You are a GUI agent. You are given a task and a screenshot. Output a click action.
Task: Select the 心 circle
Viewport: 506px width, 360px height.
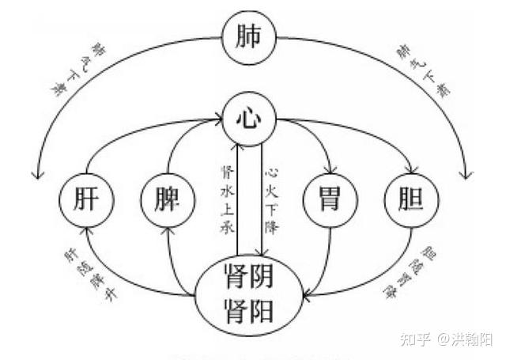tap(250, 119)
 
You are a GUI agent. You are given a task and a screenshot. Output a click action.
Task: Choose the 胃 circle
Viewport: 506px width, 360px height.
tap(330, 198)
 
